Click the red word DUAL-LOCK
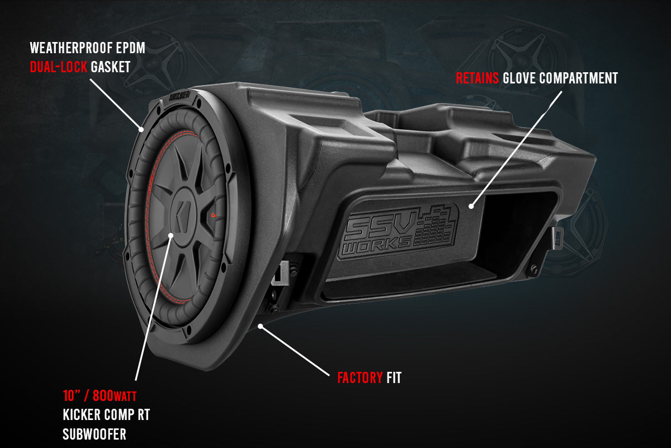pyautogui.click(x=59, y=67)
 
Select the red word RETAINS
pyautogui.click(x=477, y=78)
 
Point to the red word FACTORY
pyautogui.click(x=360, y=378)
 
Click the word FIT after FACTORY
pyautogui.click(x=394, y=378)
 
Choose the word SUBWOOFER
pyautogui.click(x=94, y=434)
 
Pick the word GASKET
pyautogui.click(x=110, y=67)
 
